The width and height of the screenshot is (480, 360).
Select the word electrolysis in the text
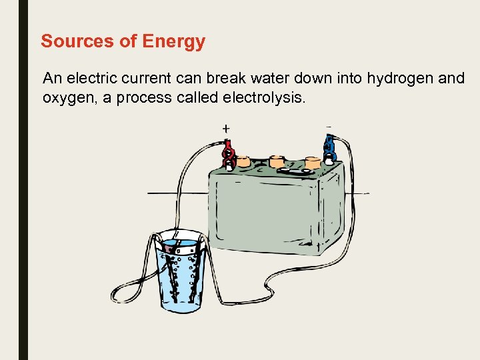point(265,98)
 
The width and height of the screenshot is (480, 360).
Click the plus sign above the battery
point(226,128)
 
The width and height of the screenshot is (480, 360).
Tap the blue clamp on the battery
point(329,150)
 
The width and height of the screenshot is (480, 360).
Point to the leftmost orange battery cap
point(244,161)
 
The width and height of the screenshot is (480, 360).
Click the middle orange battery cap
point(277,161)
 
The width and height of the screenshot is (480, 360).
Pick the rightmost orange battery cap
point(312,162)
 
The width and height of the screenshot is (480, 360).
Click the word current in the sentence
point(147,78)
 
